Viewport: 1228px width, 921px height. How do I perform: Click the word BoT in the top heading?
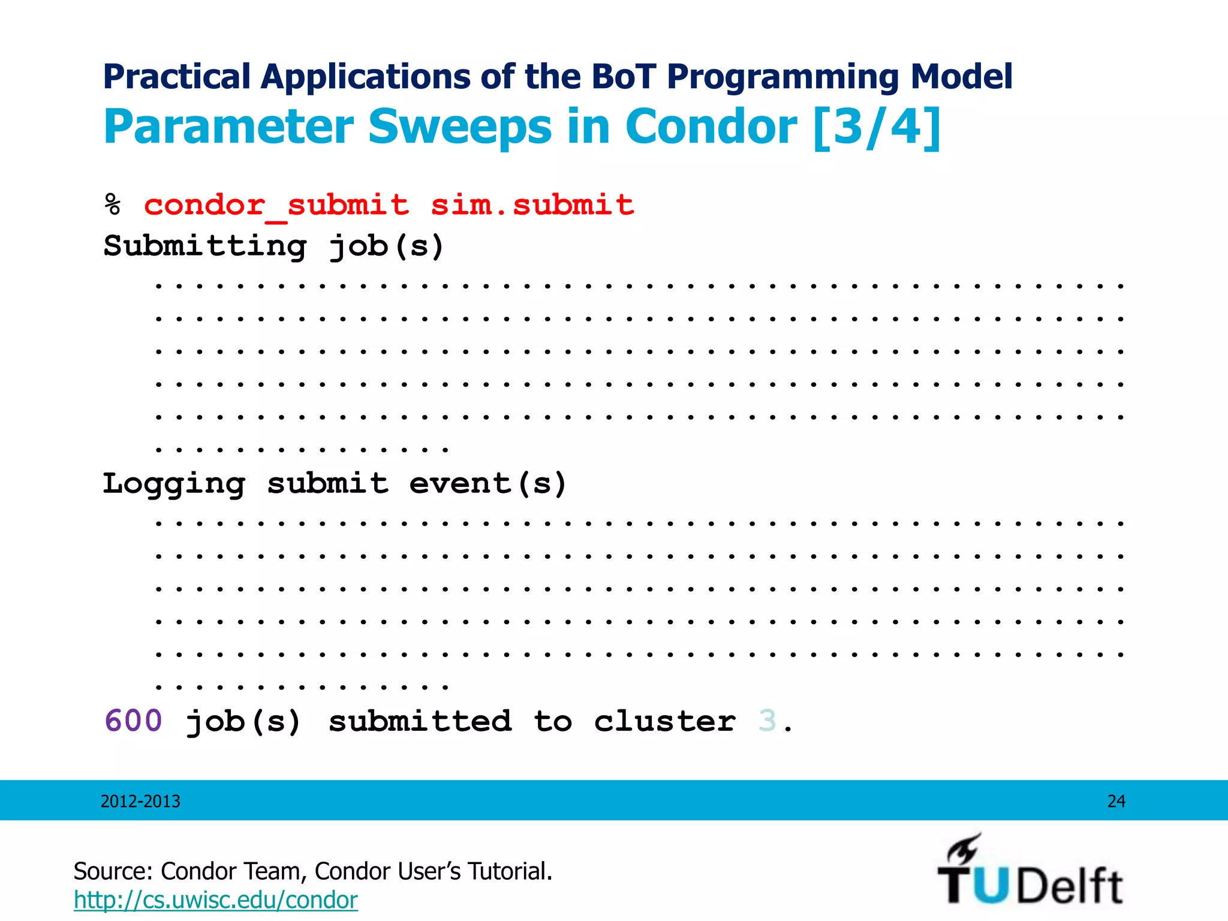(623, 77)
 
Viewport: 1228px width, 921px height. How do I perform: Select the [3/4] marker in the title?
(877, 127)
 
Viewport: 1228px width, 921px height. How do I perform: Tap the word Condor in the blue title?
(711, 127)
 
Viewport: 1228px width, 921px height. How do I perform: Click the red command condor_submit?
(276, 206)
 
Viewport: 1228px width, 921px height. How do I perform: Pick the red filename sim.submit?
(532, 206)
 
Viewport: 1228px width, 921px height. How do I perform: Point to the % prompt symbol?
(113, 206)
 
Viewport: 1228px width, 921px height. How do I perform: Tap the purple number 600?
(133, 721)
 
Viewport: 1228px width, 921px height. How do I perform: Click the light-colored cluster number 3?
(767, 721)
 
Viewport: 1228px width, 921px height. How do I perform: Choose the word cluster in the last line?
(664, 721)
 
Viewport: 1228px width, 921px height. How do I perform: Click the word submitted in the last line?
(420, 721)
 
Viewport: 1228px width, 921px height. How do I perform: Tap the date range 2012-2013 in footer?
(140, 802)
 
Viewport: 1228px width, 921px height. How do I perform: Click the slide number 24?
(1116, 802)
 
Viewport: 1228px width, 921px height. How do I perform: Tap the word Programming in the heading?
(784, 77)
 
